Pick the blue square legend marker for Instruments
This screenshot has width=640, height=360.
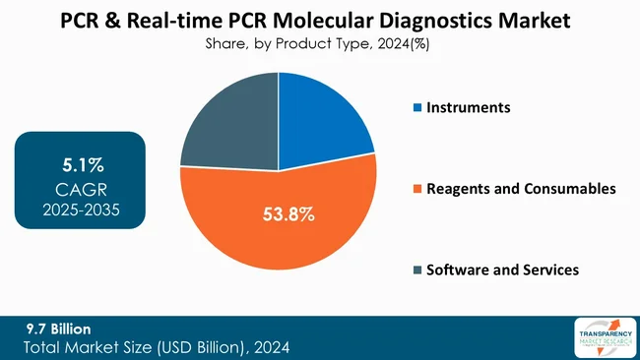(416, 107)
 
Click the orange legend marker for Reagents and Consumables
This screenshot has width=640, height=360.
(416, 188)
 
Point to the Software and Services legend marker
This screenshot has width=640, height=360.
(416, 270)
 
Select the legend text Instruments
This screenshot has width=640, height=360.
(468, 107)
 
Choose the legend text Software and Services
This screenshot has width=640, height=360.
(502, 270)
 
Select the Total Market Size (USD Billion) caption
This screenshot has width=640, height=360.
(158, 348)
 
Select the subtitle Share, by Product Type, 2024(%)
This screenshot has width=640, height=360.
(319, 43)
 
